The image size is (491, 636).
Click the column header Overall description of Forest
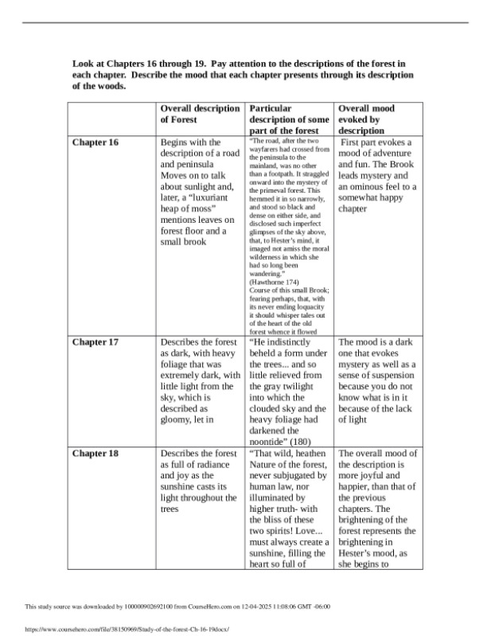coord(200,114)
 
